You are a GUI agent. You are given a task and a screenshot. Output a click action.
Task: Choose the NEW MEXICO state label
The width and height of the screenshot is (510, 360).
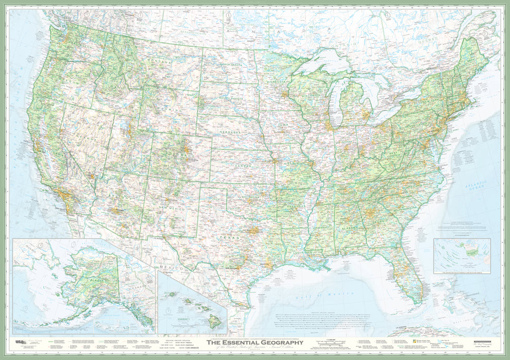point(171,207)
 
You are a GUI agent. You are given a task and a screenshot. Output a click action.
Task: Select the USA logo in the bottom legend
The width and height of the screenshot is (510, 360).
point(19,341)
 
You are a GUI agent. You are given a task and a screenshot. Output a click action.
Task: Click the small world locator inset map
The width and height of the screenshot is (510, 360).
point(462,256)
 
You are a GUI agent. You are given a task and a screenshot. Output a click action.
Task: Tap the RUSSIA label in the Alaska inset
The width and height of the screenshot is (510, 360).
point(24,246)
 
